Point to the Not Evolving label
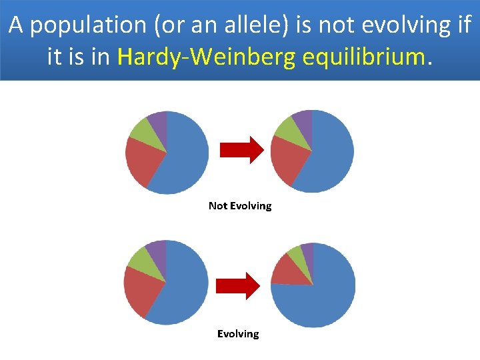click(240, 206)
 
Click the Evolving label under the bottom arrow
click(238, 333)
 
